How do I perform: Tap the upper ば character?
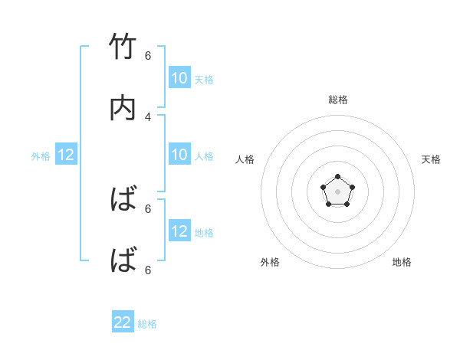tap(123, 200)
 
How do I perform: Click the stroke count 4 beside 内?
tap(148, 116)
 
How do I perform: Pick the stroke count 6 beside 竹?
tap(148, 55)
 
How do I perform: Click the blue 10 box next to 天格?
tap(179, 78)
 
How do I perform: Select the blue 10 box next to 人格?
tap(179, 155)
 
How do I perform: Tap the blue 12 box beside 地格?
tap(179, 231)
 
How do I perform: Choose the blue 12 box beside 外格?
tap(66, 155)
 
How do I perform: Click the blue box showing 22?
tap(123, 322)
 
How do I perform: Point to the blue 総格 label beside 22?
tap(147, 324)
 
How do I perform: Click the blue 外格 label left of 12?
tap(41, 156)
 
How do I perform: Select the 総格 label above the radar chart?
tap(338, 100)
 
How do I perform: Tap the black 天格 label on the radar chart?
tap(431, 159)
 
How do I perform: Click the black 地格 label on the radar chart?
tap(402, 262)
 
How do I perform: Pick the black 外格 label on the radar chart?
tap(270, 262)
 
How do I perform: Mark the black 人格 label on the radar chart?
tap(245, 159)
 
